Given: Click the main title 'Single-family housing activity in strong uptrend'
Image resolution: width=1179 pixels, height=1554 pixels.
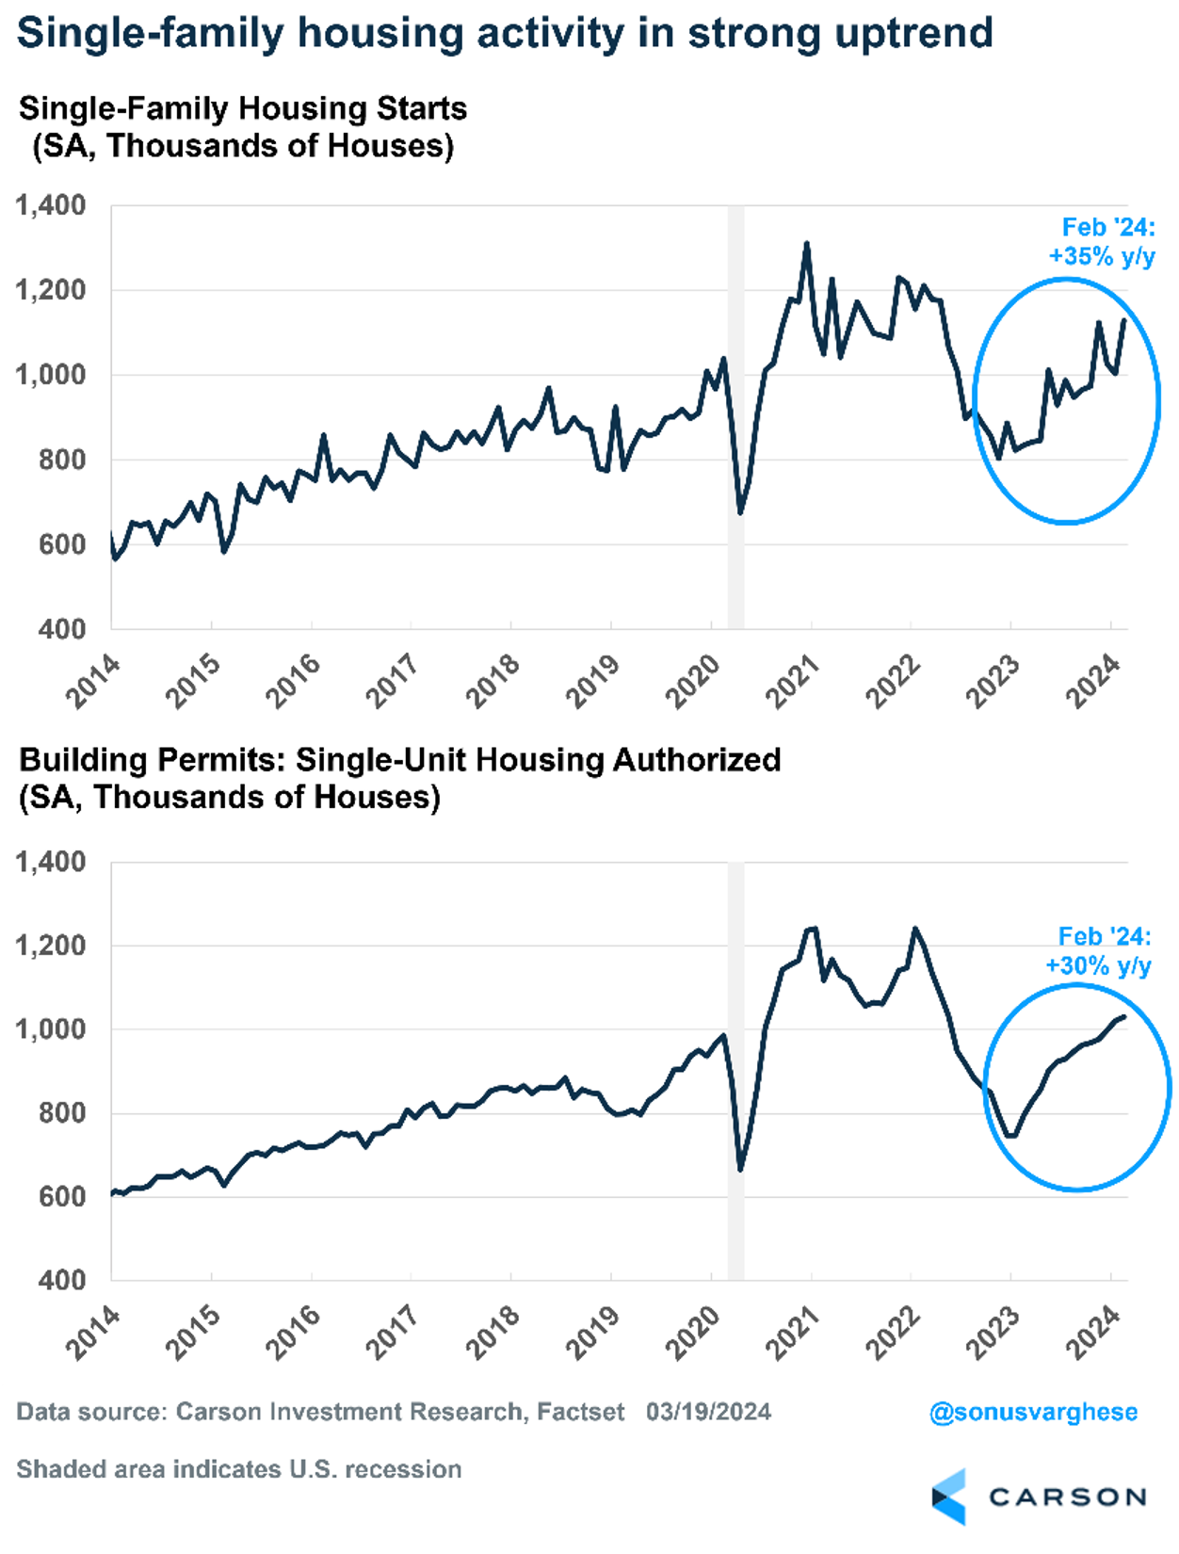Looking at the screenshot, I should point(505,34).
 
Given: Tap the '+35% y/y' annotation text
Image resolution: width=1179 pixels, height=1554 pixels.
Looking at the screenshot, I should point(1102,256).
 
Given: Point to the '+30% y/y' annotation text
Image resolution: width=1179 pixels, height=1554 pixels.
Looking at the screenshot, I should point(1098,965).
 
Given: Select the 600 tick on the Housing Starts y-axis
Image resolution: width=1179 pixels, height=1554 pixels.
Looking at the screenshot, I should point(62,544).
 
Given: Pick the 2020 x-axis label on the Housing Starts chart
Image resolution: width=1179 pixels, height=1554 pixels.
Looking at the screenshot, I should point(693,681).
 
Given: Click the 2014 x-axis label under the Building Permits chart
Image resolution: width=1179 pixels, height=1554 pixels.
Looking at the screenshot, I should point(92,1333).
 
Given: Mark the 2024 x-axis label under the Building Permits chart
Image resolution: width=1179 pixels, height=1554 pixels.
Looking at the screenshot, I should point(1092,1333).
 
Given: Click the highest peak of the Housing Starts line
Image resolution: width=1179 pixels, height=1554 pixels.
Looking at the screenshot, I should point(806,244).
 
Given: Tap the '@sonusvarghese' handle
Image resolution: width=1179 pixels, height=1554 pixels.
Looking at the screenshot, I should point(1033,1412).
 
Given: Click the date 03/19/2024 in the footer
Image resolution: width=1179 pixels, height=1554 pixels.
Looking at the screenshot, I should point(708,1412).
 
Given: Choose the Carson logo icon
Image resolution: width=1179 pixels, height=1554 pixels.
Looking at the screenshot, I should point(949,1497).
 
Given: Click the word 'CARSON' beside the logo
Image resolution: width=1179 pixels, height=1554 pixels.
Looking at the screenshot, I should point(1067,1497).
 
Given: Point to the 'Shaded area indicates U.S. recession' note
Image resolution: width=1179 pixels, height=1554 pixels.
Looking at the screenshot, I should point(239,1469).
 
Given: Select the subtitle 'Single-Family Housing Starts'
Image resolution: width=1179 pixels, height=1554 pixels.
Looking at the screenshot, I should point(243,108).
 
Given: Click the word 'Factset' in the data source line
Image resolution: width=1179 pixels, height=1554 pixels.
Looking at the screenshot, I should point(580,1412).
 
